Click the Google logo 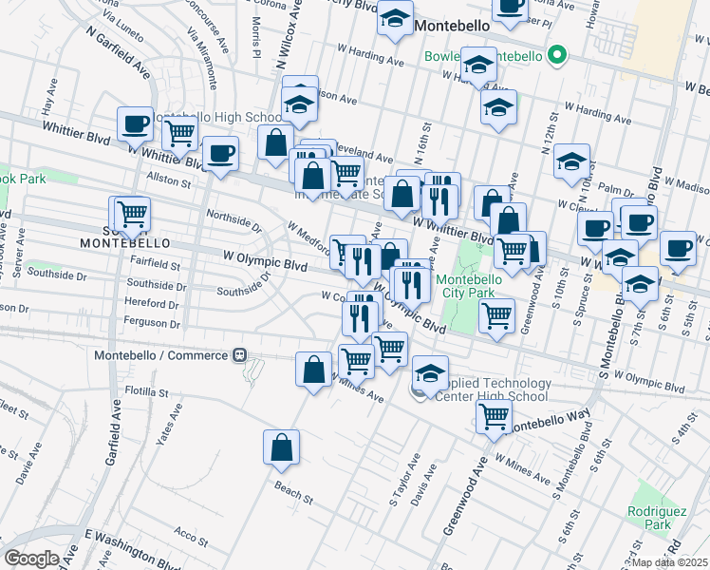[31, 559]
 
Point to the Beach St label [293, 496]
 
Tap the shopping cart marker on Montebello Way [494, 416]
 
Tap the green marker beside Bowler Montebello [558, 56]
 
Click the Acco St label [192, 538]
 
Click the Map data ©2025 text [671, 562]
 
